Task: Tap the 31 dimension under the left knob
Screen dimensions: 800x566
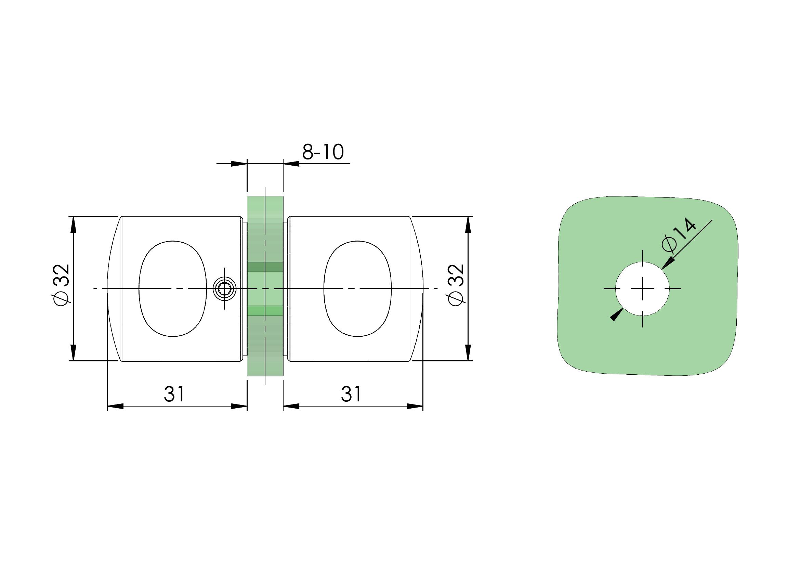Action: click(174, 394)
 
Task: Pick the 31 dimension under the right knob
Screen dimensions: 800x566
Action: click(351, 394)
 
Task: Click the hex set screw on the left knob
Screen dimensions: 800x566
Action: click(224, 288)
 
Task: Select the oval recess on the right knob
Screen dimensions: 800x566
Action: click(358, 288)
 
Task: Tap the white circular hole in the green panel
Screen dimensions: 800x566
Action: click(642, 288)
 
